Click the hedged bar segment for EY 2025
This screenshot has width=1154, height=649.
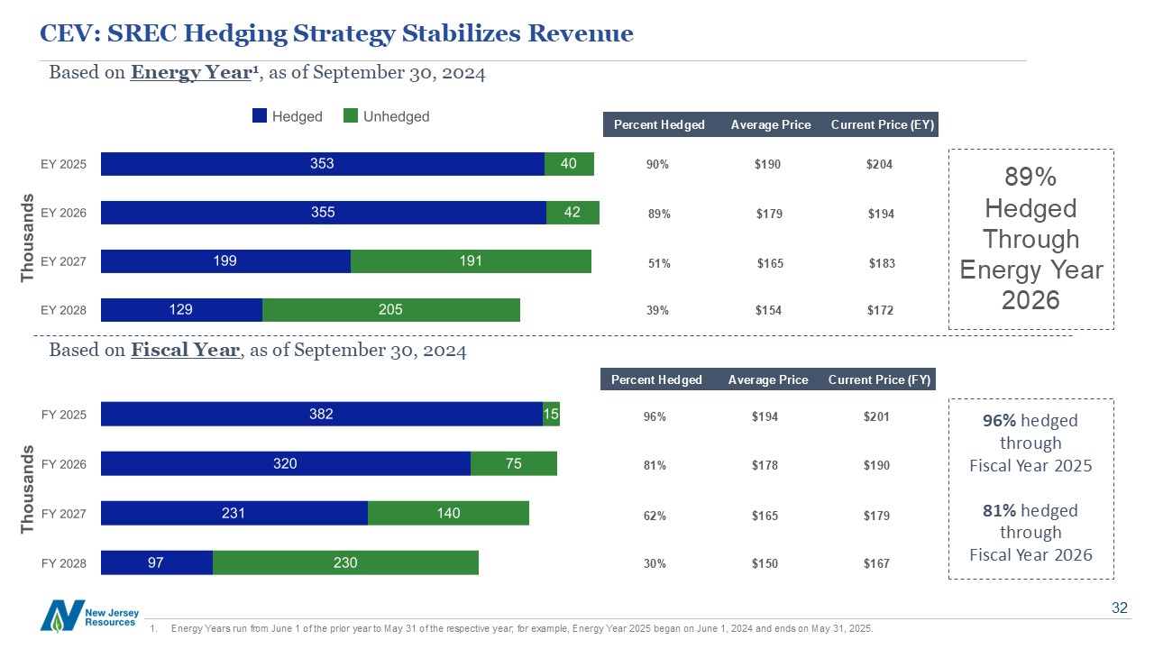coord(323,164)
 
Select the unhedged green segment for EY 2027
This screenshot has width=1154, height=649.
coord(471,261)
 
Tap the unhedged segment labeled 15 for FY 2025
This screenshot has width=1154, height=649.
coord(551,415)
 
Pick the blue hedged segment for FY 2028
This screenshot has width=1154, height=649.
coord(157,562)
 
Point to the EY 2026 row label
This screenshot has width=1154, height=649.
coord(64,213)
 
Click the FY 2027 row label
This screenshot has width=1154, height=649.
coord(64,514)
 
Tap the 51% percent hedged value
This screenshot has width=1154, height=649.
coord(659,263)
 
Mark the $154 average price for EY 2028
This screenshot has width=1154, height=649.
coord(768,311)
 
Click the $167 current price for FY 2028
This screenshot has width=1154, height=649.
coord(876,563)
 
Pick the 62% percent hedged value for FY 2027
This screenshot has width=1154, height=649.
coord(655,516)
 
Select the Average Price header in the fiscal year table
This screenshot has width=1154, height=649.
coord(767,379)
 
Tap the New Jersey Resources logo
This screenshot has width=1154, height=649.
coord(89,617)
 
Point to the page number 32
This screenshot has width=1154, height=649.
coord(1119,608)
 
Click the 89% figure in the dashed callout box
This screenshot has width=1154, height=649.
coord(1031,177)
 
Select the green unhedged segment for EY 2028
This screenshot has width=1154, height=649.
coord(390,310)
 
